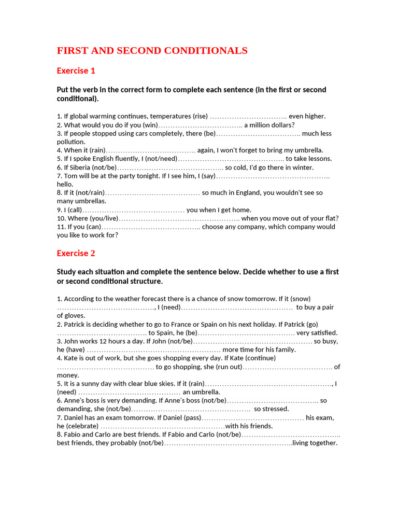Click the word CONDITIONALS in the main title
206,51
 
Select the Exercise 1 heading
76,71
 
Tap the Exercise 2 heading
76,253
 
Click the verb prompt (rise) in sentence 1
200,116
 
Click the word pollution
71,142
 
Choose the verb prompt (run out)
225,367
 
